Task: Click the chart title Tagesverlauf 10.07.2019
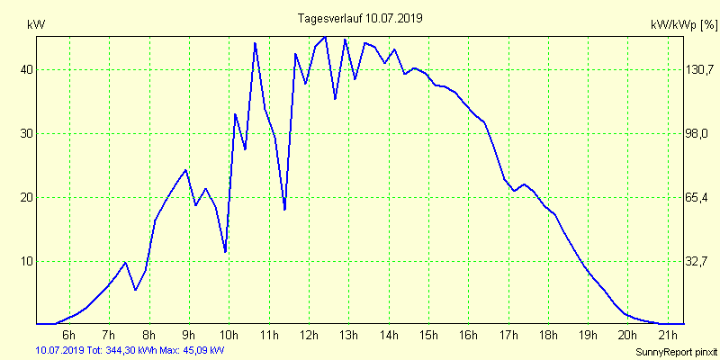click(x=360, y=18)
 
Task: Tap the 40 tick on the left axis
click(x=27, y=69)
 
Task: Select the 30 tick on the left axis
click(x=27, y=133)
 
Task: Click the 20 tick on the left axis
click(x=27, y=197)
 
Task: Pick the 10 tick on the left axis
click(x=27, y=261)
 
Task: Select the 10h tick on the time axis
click(x=229, y=336)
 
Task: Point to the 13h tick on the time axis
click(x=348, y=336)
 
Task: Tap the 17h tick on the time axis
click(x=508, y=336)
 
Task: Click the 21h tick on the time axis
click(x=668, y=336)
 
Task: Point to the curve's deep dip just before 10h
click(x=225, y=252)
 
